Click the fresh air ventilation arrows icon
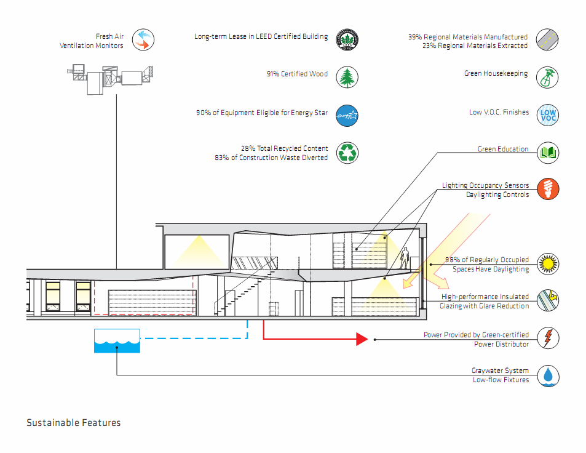[x=143, y=39]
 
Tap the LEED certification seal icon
[x=347, y=39]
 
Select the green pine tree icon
[x=347, y=78]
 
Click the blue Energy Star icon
[x=347, y=116]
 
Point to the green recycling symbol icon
[x=347, y=153]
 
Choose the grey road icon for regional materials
[x=547, y=39]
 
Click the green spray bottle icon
[x=547, y=78]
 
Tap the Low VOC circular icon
[x=548, y=115]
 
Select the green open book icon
[x=548, y=153]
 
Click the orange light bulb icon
[x=548, y=188]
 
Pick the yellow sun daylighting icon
[x=548, y=263]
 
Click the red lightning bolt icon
[x=548, y=338]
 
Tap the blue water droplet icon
[x=548, y=375]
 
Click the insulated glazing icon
[x=548, y=300]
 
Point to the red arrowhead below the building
[x=362, y=339]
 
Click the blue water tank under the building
[x=117, y=341]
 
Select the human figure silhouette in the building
[x=405, y=258]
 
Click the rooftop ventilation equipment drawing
[x=110, y=79]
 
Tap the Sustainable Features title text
[x=74, y=423]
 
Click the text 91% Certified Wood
[x=297, y=74]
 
